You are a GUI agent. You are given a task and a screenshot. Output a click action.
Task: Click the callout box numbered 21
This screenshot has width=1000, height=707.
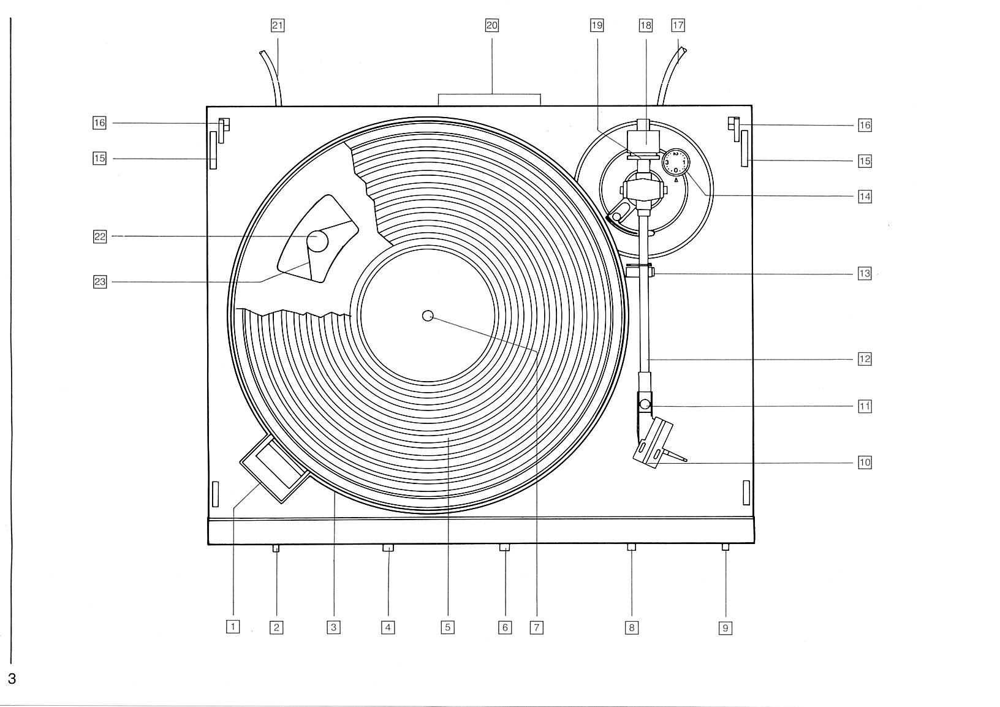278,26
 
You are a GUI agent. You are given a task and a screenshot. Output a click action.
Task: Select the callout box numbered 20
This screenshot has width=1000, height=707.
491,26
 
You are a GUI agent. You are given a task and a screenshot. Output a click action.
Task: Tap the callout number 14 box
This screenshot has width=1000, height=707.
865,197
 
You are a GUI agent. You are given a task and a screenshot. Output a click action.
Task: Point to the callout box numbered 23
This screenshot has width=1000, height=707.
100,282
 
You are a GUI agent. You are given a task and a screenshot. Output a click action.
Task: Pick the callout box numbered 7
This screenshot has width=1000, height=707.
536,627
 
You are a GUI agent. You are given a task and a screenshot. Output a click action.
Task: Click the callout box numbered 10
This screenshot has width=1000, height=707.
865,463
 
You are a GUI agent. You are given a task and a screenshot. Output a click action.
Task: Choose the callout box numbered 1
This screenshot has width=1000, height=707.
233,627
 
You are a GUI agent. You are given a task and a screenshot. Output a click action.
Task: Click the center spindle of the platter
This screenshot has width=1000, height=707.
428,316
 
